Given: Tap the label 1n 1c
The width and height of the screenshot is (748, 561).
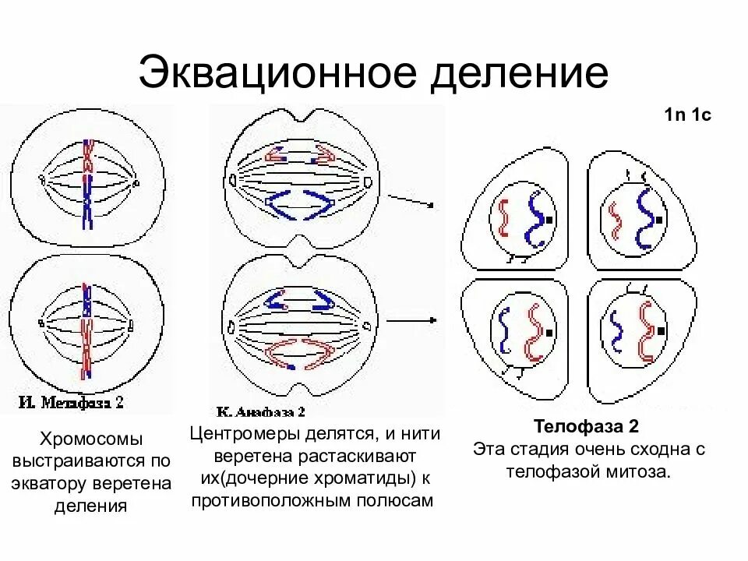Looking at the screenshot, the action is click(x=688, y=116).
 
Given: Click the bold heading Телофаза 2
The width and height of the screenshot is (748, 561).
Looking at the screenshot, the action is click(x=586, y=427).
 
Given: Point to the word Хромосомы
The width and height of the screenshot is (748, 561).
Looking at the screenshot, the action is click(x=92, y=439).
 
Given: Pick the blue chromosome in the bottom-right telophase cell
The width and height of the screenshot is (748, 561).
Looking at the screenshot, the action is click(x=616, y=330).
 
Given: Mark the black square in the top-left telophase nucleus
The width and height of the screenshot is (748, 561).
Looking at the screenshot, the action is click(x=549, y=221).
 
